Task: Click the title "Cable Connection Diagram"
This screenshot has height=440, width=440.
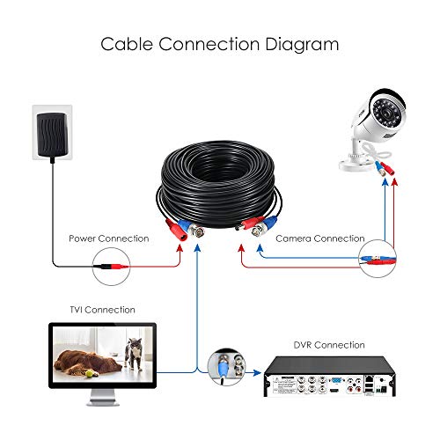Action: (219, 43)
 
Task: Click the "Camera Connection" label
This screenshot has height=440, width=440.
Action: (319, 238)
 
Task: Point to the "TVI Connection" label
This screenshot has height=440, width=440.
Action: (102, 310)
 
